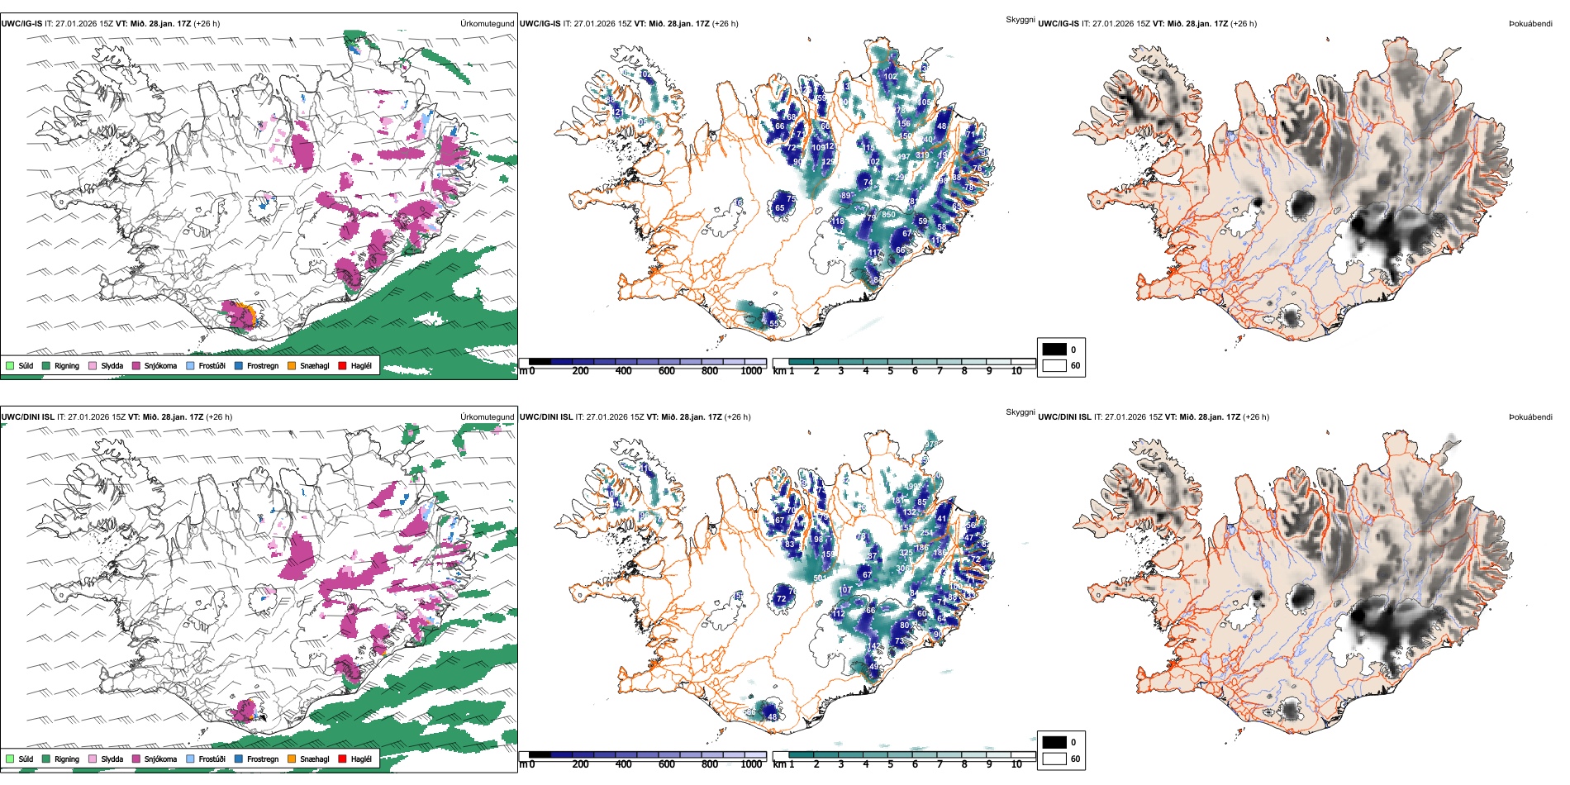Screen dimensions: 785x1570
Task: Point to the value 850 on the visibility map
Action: coord(888,215)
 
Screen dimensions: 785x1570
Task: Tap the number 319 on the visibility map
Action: coord(922,155)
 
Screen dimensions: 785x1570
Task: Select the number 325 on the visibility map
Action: coord(906,553)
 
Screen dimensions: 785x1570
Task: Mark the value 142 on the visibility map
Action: coord(874,646)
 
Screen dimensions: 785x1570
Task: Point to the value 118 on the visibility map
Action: coord(838,221)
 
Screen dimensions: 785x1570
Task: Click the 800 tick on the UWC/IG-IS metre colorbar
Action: coord(709,371)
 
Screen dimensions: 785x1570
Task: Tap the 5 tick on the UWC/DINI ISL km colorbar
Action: coord(890,764)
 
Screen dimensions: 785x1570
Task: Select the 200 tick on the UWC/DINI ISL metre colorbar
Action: coord(580,764)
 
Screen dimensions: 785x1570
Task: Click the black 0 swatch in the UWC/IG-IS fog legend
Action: coord(1054,350)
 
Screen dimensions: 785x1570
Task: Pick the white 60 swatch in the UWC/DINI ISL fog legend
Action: coord(1054,759)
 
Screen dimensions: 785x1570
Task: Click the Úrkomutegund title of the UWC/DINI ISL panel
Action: coord(487,416)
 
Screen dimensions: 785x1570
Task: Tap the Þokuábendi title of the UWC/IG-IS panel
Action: coord(1530,24)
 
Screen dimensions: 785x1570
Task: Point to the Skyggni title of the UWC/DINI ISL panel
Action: coord(1020,412)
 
